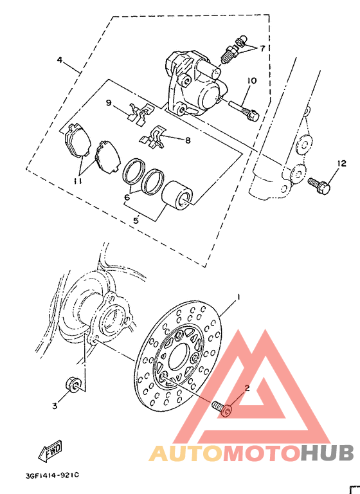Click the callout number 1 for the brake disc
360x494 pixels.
coord(238,297)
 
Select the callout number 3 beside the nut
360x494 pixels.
coord(55,406)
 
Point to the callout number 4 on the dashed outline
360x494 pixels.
coord(59,60)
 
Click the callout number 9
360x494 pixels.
coord(109,103)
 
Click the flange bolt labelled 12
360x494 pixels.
coord(319,185)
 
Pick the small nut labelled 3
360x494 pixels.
coord(73,385)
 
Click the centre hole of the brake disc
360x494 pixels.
coord(194,354)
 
